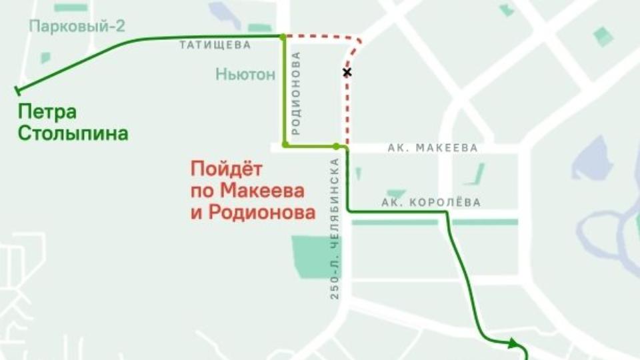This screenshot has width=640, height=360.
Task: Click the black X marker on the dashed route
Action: tap(347, 71)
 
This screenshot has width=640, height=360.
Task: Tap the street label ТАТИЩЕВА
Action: tap(215, 45)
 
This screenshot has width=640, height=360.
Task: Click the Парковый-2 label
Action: tap(77, 27)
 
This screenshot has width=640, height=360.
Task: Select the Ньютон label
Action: tap(245, 75)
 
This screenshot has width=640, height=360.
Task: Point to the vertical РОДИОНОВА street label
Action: tap(297, 93)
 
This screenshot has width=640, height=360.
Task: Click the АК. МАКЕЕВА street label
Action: tap(433, 148)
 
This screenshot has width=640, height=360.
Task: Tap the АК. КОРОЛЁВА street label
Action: tap(431, 202)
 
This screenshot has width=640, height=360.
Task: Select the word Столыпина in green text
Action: tap(73, 133)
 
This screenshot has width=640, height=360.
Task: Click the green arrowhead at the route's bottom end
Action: tap(513, 343)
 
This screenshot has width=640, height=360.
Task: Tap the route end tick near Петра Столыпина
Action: tap(18, 90)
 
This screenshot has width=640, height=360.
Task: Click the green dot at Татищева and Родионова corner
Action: tap(283, 37)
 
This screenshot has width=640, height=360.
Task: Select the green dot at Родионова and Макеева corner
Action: tap(285, 145)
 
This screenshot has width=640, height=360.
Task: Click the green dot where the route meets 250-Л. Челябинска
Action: tap(337, 145)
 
